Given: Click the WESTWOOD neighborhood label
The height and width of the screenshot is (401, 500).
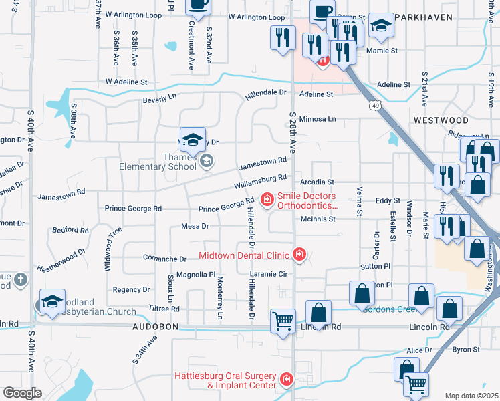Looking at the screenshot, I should click(x=441, y=120).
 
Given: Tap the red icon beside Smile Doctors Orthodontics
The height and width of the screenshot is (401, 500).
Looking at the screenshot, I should click(x=267, y=199).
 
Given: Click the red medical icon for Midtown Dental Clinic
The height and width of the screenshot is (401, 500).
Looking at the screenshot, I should click(x=299, y=255).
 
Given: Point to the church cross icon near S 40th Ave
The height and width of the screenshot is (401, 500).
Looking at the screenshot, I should click(x=21, y=281).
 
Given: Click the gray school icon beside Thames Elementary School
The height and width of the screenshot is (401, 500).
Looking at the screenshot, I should click(x=207, y=160).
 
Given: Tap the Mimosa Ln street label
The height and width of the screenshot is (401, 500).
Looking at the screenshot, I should click(x=317, y=119).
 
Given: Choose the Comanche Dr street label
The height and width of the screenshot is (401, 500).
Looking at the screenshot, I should click(x=164, y=259).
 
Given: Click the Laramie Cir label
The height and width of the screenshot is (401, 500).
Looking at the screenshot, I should click(x=268, y=274).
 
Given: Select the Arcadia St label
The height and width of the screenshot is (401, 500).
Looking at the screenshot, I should click(x=316, y=181).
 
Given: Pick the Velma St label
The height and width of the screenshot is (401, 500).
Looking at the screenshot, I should click(x=360, y=201).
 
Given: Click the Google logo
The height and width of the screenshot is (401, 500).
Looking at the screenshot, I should click(x=22, y=393).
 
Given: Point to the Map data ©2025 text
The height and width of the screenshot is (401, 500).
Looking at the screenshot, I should click(x=471, y=396).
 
